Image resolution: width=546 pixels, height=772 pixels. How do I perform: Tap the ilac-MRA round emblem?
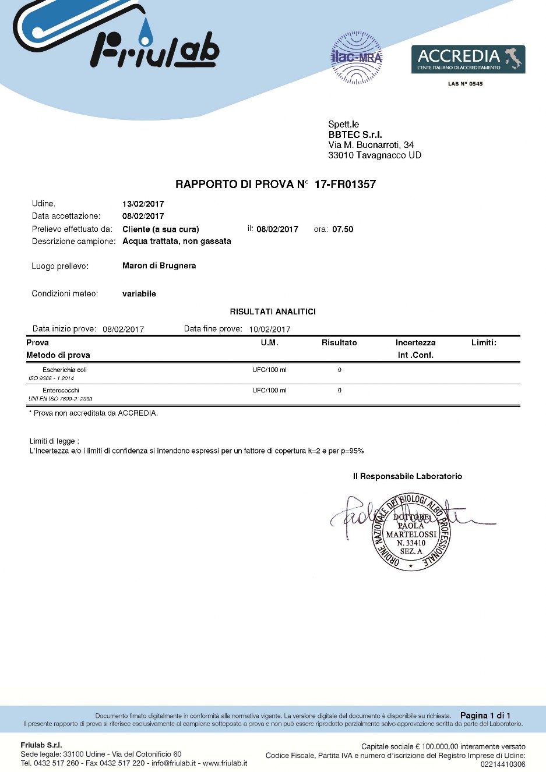[356, 58]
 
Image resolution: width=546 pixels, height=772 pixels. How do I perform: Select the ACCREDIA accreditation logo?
[468, 59]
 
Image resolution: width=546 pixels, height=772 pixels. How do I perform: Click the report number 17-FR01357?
[345, 185]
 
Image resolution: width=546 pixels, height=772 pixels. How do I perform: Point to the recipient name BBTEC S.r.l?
[355, 134]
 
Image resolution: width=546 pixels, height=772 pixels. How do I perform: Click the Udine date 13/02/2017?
[143, 204]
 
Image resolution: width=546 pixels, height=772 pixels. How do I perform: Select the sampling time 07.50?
[343, 229]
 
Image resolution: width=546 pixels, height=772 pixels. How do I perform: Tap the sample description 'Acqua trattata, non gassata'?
[177, 241]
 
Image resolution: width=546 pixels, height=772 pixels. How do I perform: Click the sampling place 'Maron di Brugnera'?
[159, 265]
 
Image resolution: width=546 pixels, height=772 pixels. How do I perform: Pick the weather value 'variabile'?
[139, 294]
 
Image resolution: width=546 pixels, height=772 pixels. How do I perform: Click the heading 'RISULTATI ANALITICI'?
[273, 311]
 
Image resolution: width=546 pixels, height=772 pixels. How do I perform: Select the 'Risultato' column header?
[339, 343]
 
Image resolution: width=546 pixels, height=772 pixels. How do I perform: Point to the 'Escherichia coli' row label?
[65, 370]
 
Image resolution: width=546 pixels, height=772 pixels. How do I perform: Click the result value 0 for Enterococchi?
[339, 391]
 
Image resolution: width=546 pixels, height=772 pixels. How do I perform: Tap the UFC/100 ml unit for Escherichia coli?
[269, 370]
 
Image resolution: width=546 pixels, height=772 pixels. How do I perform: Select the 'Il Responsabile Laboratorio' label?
[407, 476]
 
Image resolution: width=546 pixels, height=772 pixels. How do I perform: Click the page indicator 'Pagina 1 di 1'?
[485, 716]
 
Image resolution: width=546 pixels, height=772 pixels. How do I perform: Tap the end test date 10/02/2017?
[270, 330]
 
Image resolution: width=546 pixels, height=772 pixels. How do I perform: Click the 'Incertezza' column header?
[415, 343]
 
